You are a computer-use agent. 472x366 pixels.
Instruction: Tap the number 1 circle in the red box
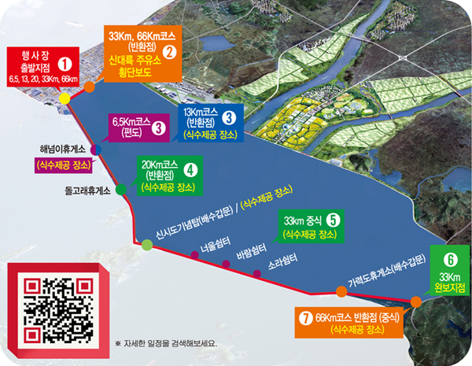coord(65,61)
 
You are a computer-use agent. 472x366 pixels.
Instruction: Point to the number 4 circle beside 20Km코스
coord(190,168)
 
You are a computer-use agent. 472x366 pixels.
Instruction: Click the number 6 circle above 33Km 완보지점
coord(450,258)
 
